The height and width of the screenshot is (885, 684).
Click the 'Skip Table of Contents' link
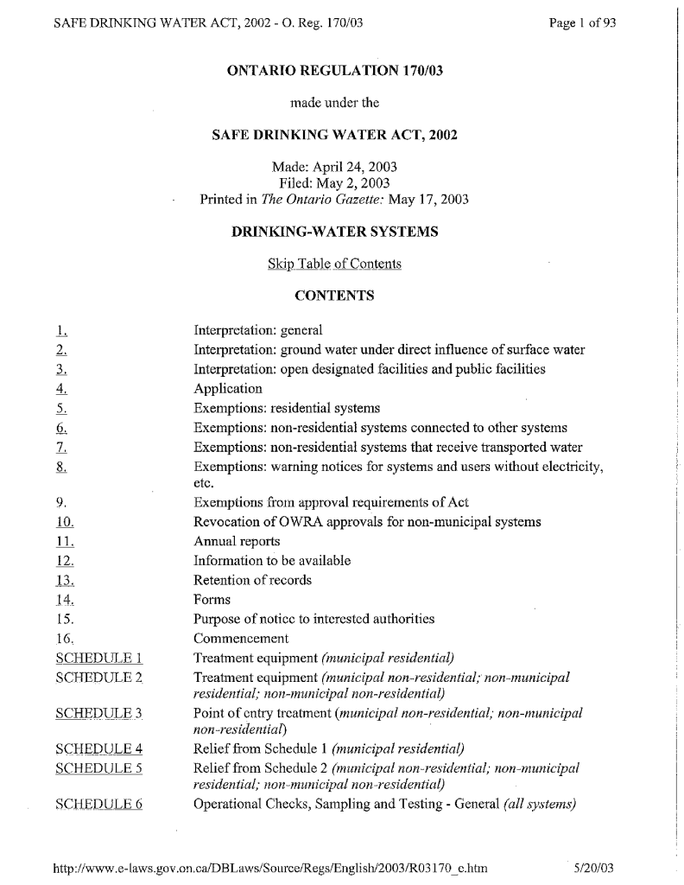(x=334, y=264)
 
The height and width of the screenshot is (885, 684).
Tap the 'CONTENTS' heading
(x=334, y=296)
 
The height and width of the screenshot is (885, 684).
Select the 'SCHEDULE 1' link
(x=98, y=658)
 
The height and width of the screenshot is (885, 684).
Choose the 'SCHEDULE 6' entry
(x=98, y=805)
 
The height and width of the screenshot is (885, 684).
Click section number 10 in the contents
(x=65, y=522)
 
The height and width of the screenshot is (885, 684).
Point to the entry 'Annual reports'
(x=237, y=542)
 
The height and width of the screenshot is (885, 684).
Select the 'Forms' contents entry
(x=212, y=600)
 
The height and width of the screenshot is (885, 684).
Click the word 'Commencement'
(x=241, y=639)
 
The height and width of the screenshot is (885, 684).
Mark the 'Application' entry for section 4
(x=228, y=389)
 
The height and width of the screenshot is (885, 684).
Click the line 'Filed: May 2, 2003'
(x=334, y=182)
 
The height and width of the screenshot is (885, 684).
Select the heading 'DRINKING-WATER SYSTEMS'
(x=334, y=232)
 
